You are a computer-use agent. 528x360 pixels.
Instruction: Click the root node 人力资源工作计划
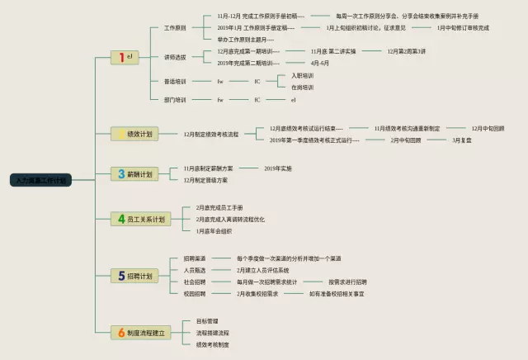tap(40, 179)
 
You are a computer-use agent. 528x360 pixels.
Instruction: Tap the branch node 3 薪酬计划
tap(134, 174)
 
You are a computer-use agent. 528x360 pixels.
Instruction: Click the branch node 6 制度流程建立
tap(142, 332)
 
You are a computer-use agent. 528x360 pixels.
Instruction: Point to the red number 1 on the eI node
tap(121, 57)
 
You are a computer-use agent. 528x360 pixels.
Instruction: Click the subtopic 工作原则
tap(175, 27)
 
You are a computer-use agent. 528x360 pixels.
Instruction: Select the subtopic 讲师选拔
tap(175, 57)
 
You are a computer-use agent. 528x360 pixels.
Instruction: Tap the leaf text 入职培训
tap(303, 75)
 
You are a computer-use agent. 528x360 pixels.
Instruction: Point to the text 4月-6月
tap(319, 63)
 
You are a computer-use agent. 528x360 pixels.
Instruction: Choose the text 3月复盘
tap(461, 140)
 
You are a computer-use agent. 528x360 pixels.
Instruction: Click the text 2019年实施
tap(277, 168)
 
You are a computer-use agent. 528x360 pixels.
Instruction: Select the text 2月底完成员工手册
tap(219, 207)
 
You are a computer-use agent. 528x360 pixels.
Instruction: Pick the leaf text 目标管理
tap(206, 320)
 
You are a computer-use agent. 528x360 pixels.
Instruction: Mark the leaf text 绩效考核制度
tap(212, 343)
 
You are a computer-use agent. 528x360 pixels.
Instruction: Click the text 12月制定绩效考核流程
tap(210, 133)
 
